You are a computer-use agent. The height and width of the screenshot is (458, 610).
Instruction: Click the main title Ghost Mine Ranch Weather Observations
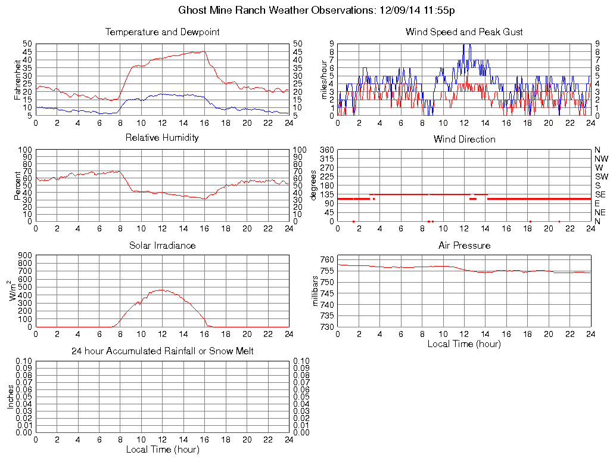(x=318, y=10)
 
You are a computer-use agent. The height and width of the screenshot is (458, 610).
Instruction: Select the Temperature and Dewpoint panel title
(x=162, y=32)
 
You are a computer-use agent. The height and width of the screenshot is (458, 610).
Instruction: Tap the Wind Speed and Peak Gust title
(x=464, y=32)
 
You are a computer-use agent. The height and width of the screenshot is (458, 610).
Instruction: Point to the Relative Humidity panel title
(x=162, y=137)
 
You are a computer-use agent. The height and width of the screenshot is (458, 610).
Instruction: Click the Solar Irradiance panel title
(x=162, y=245)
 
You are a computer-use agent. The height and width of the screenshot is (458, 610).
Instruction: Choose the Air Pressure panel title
(x=464, y=245)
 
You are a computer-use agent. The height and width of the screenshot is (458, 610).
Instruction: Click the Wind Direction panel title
(x=464, y=139)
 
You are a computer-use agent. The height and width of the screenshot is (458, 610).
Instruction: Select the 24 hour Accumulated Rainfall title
(x=162, y=351)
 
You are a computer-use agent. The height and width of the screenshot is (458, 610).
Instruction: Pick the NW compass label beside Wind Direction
(x=602, y=159)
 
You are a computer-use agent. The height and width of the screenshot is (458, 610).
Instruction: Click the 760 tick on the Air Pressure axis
(x=327, y=259)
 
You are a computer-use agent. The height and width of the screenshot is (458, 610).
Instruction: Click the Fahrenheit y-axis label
(x=17, y=79)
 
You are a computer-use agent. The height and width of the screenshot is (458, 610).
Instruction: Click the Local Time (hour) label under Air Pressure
(x=464, y=343)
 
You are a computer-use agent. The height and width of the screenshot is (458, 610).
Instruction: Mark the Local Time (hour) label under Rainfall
(x=162, y=449)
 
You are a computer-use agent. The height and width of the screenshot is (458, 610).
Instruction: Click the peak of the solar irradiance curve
(x=161, y=290)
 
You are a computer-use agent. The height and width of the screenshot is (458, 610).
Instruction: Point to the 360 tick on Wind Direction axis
(x=326, y=150)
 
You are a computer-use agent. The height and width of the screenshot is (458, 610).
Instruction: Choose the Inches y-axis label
(x=10, y=397)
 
